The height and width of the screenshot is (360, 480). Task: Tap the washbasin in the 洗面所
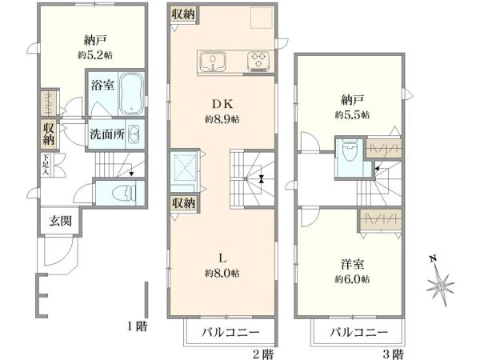pyautogui.click(x=135, y=133)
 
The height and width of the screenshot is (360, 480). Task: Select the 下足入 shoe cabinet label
pyautogui.click(x=47, y=166)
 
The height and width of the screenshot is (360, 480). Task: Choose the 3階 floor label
pyautogui.click(x=391, y=353)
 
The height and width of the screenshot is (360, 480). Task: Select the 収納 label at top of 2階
pyautogui.click(x=183, y=15)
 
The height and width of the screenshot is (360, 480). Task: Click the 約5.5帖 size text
pyautogui.click(x=352, y=115)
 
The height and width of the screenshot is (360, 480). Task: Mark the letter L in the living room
pyautogui.click(x=223, y=258)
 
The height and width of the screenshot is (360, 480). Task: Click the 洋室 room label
pyautogui.click(x=353, y=264)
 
